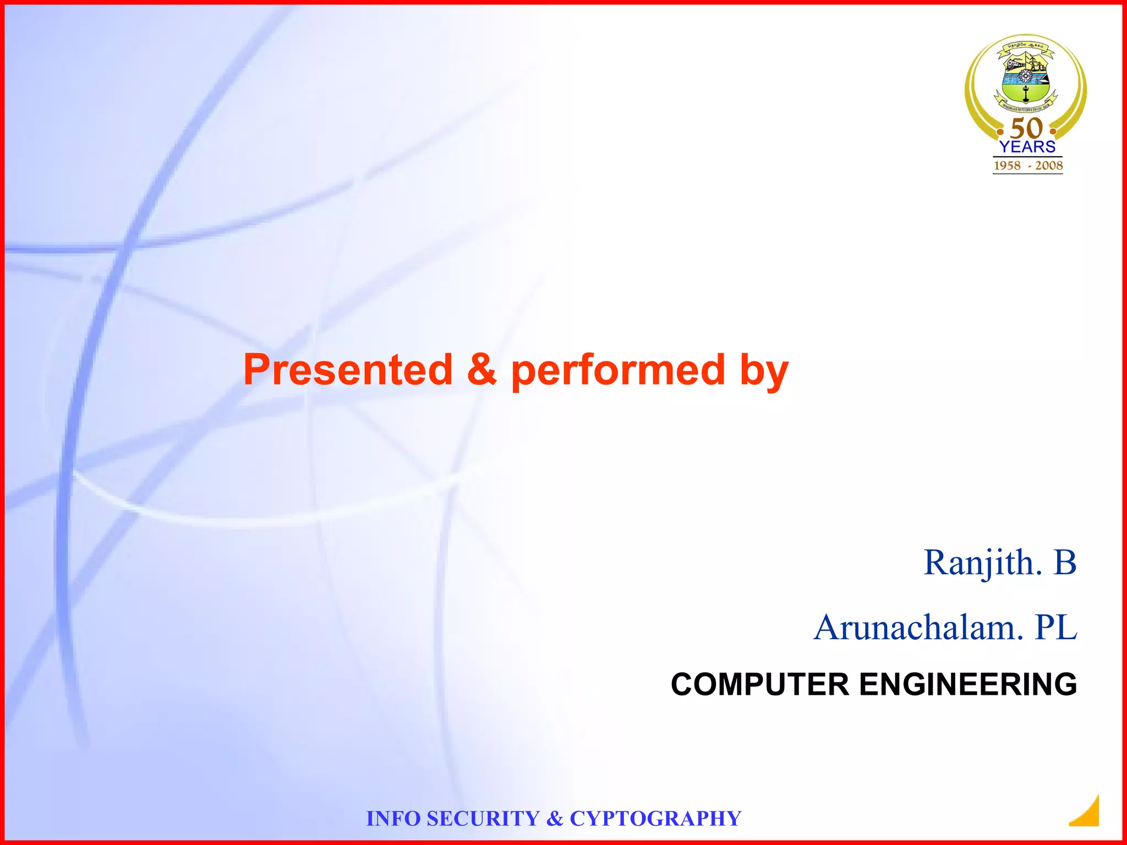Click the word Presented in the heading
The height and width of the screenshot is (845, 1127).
tap(348, 370)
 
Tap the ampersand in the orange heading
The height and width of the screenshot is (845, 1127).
tap(482, 370)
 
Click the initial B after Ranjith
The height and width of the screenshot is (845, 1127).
tap(1065, 563)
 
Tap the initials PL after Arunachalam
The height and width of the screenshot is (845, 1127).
tap(1055, 628)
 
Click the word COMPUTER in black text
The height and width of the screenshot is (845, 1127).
tap(760, 684)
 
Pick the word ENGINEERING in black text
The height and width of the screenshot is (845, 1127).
tap(967, 684)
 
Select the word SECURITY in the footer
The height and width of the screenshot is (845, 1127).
tap(483, 819)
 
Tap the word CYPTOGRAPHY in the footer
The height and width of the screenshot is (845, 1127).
tap(655, 819)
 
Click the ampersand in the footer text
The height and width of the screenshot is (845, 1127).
tap(555, 819)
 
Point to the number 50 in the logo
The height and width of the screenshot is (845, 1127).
tap(1026, 128)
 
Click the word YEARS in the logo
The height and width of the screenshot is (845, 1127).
tap(1027, 147)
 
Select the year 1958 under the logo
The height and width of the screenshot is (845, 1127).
tap(1007, 166)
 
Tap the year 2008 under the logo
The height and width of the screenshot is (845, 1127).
tap(1049, 166)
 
